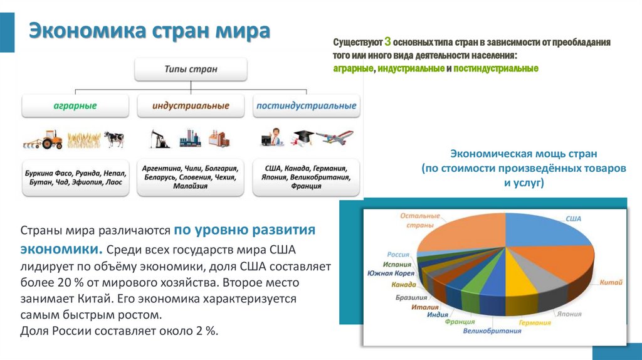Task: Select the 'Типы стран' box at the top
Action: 191,69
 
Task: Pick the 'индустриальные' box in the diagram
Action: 191,106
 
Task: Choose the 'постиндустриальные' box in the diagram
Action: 306,106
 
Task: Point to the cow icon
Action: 113,139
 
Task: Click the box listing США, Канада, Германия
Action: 306,177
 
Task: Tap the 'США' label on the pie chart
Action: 574,218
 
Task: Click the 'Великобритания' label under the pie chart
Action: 492,331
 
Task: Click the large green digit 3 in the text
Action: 387,41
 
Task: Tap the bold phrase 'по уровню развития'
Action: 244,230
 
